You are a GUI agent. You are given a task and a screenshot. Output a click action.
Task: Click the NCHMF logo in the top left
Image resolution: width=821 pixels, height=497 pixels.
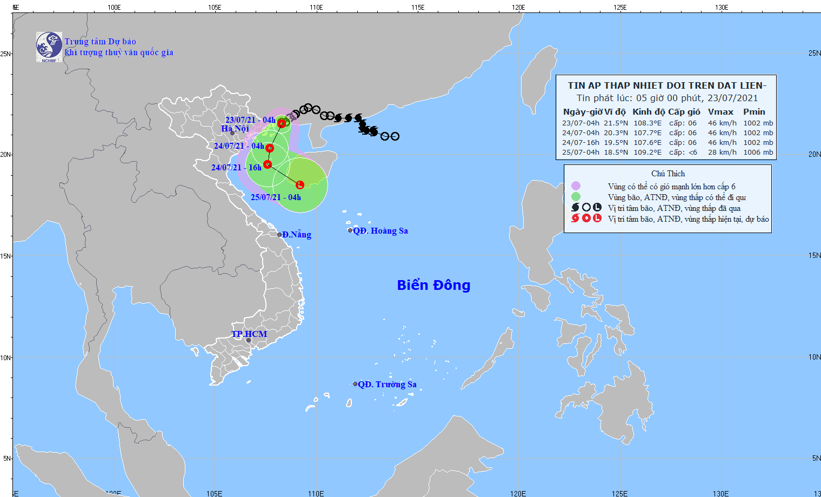click(49, 47)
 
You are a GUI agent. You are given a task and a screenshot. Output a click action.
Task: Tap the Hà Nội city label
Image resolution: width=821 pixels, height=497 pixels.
click(235, 129)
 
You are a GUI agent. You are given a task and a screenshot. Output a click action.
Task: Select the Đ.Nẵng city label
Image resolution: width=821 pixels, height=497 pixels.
click(297, 235)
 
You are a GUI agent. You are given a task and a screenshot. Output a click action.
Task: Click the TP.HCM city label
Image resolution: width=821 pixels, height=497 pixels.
click(249, 334)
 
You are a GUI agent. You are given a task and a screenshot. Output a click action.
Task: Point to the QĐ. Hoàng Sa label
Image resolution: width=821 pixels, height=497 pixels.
click(381, 231)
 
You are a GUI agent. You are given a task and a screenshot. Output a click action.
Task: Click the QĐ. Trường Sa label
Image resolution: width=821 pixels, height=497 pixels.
click(387, 385)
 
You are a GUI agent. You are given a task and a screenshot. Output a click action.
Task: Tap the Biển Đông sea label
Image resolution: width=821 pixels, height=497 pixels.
click(433, 285)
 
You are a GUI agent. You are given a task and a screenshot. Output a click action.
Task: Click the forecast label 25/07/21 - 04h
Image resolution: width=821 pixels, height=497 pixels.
click(276, 197)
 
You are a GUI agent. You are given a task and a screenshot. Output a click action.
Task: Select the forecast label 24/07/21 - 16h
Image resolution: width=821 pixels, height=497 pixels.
click(236, 168)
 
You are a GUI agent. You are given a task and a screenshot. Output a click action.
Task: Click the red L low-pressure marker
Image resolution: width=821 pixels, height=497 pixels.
click(299, 185)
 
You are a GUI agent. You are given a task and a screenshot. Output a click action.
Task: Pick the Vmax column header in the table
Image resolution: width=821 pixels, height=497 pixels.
click(720, 112)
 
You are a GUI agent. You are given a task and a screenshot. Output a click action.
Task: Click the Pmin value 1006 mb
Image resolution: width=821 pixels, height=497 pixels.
click(758, 153)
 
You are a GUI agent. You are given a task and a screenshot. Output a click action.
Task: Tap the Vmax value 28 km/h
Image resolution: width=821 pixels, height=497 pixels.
click(722, 153)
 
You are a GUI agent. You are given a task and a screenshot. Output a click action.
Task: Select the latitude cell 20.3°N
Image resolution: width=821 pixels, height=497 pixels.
click(616, 133)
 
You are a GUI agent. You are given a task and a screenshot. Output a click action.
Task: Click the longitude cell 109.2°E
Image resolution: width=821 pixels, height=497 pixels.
click(647, 153)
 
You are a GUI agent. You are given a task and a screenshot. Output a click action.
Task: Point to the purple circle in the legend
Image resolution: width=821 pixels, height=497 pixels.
click(576, 186)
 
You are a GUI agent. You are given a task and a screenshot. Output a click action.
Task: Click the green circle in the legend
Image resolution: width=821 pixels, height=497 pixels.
click(576, 197)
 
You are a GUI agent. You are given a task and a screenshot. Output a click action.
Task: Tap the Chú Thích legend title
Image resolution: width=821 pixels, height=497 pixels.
click(668, 174)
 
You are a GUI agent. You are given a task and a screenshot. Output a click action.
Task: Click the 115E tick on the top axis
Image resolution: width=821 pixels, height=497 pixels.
click(417, 8)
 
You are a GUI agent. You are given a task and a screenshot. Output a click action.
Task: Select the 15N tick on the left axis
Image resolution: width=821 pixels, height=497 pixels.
click(6, 256)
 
